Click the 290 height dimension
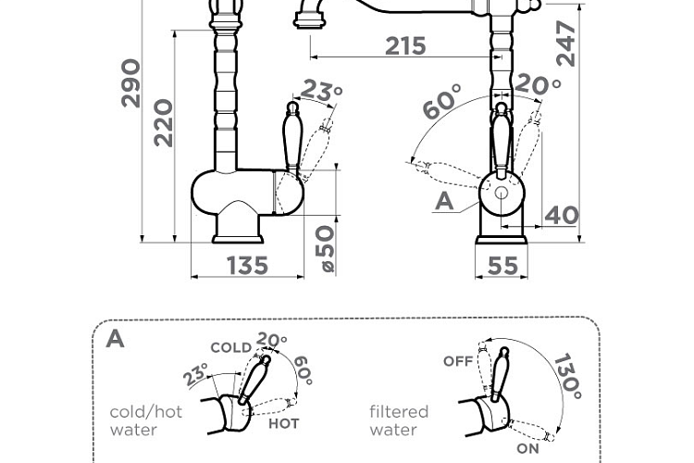[x=131, y=83]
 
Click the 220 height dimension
[x=163, y=123]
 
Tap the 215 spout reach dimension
[x=405, y=46]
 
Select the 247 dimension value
[x=565, y=44]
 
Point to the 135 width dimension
[x=247, y=266]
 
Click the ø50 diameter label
[x=326, y=248]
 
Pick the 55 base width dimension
[x=502, y=266]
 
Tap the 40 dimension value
[x=562, y=216]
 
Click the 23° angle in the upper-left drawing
[x=321, y=92]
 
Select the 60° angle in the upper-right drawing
[x=440, y=101]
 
